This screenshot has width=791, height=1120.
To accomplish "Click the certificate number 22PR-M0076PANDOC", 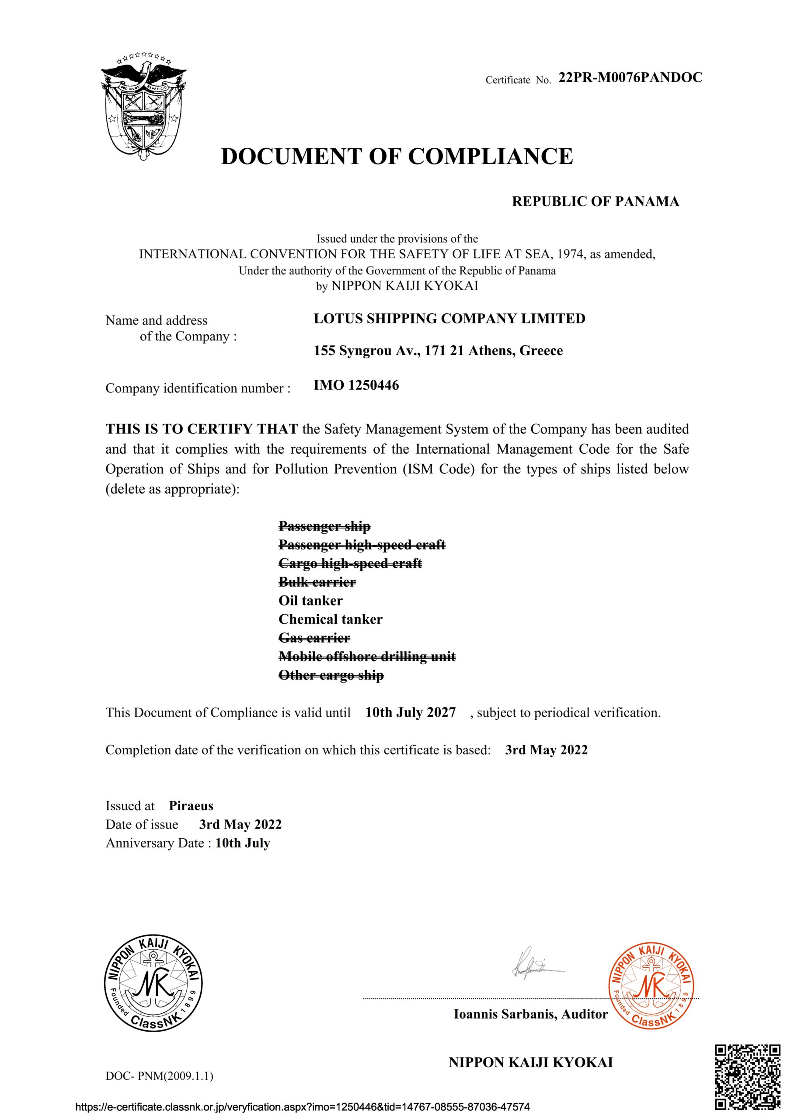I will point(630,77).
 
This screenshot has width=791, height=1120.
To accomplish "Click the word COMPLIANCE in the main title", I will point(490,157).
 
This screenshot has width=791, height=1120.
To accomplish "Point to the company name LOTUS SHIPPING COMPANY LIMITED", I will point(449,318).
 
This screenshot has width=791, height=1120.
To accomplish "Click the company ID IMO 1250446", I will point(356,385).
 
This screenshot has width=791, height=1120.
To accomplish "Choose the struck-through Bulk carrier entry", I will point(317,582).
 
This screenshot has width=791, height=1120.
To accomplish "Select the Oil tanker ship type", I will point(310,601).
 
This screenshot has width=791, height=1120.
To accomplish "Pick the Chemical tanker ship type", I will point(330,619).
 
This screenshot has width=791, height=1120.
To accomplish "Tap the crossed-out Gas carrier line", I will point(314,638).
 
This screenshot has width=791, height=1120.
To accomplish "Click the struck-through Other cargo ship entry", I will point(331,675).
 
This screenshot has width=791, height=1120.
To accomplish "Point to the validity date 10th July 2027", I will point(410,713).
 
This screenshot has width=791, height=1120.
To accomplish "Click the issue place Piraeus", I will point(191,806).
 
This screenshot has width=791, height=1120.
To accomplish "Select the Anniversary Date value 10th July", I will point(242,843).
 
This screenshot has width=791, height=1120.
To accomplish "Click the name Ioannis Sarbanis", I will point(505,1015).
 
